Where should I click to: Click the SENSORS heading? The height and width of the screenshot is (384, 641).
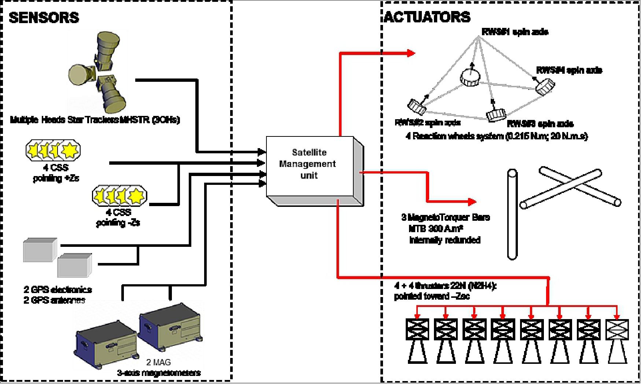pyautogui.click(x=44, y=18)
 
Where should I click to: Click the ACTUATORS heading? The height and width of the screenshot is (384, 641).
pyautogui.click(x=427, y=17)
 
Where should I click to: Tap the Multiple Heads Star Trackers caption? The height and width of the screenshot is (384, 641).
pyautogui.click(x=95, y=120)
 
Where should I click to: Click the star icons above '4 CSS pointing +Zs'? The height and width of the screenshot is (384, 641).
pyautogui.click(x=53, y=150)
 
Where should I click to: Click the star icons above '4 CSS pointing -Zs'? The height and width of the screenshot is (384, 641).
pyautogui.click(x=119, y=195)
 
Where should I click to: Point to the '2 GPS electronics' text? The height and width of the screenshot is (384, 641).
pyautogui.click(x=58, y=290)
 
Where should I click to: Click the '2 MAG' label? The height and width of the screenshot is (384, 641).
pyautogui.click(x=158, y=362)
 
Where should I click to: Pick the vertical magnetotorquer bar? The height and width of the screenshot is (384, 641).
pyautogui.click(x=512, y=215)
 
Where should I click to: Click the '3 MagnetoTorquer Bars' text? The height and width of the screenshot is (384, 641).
pyautogui.click(x=445, y=217)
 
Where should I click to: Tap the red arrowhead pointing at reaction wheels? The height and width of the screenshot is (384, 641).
pyautogui.click(x=410, y=53)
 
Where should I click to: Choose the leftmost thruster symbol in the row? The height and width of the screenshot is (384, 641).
pyautogui.click(x=417, y=340)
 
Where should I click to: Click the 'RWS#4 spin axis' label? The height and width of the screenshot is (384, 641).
pyautogui.click(x=569, y=70)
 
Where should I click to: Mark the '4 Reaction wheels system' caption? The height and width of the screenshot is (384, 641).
pyautogui.click(x=497, y=136)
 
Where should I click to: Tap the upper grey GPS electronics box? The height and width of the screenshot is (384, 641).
pyautogui.click(x=40, y=250)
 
